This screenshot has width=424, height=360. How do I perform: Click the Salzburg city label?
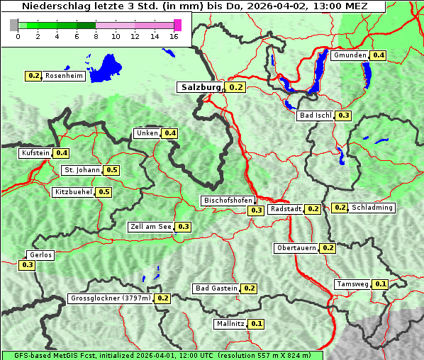pos(200,87)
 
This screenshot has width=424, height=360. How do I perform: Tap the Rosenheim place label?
pos(65,76)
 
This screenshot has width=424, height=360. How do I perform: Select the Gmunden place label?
pos(350,55)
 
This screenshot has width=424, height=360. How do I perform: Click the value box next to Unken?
pos(169,133)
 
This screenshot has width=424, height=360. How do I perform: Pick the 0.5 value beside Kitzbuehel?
pos(104,192)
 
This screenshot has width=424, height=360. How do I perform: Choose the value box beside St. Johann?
pos(111,170)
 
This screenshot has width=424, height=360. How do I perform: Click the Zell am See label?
pos(151,227)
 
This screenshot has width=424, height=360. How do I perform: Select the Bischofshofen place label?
pos(228,201)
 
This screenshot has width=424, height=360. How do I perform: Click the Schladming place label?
pos(372,208)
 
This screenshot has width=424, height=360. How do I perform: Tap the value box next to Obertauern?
pos(328,248)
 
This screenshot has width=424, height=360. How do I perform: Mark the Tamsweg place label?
pos(352,284)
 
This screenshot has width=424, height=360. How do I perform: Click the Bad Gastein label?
pos(216,288)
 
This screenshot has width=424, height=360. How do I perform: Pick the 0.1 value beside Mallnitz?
pos(257,324)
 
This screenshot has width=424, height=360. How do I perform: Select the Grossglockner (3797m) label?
pos(111,298)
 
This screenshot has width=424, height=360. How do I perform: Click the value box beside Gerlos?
pos(28,265)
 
